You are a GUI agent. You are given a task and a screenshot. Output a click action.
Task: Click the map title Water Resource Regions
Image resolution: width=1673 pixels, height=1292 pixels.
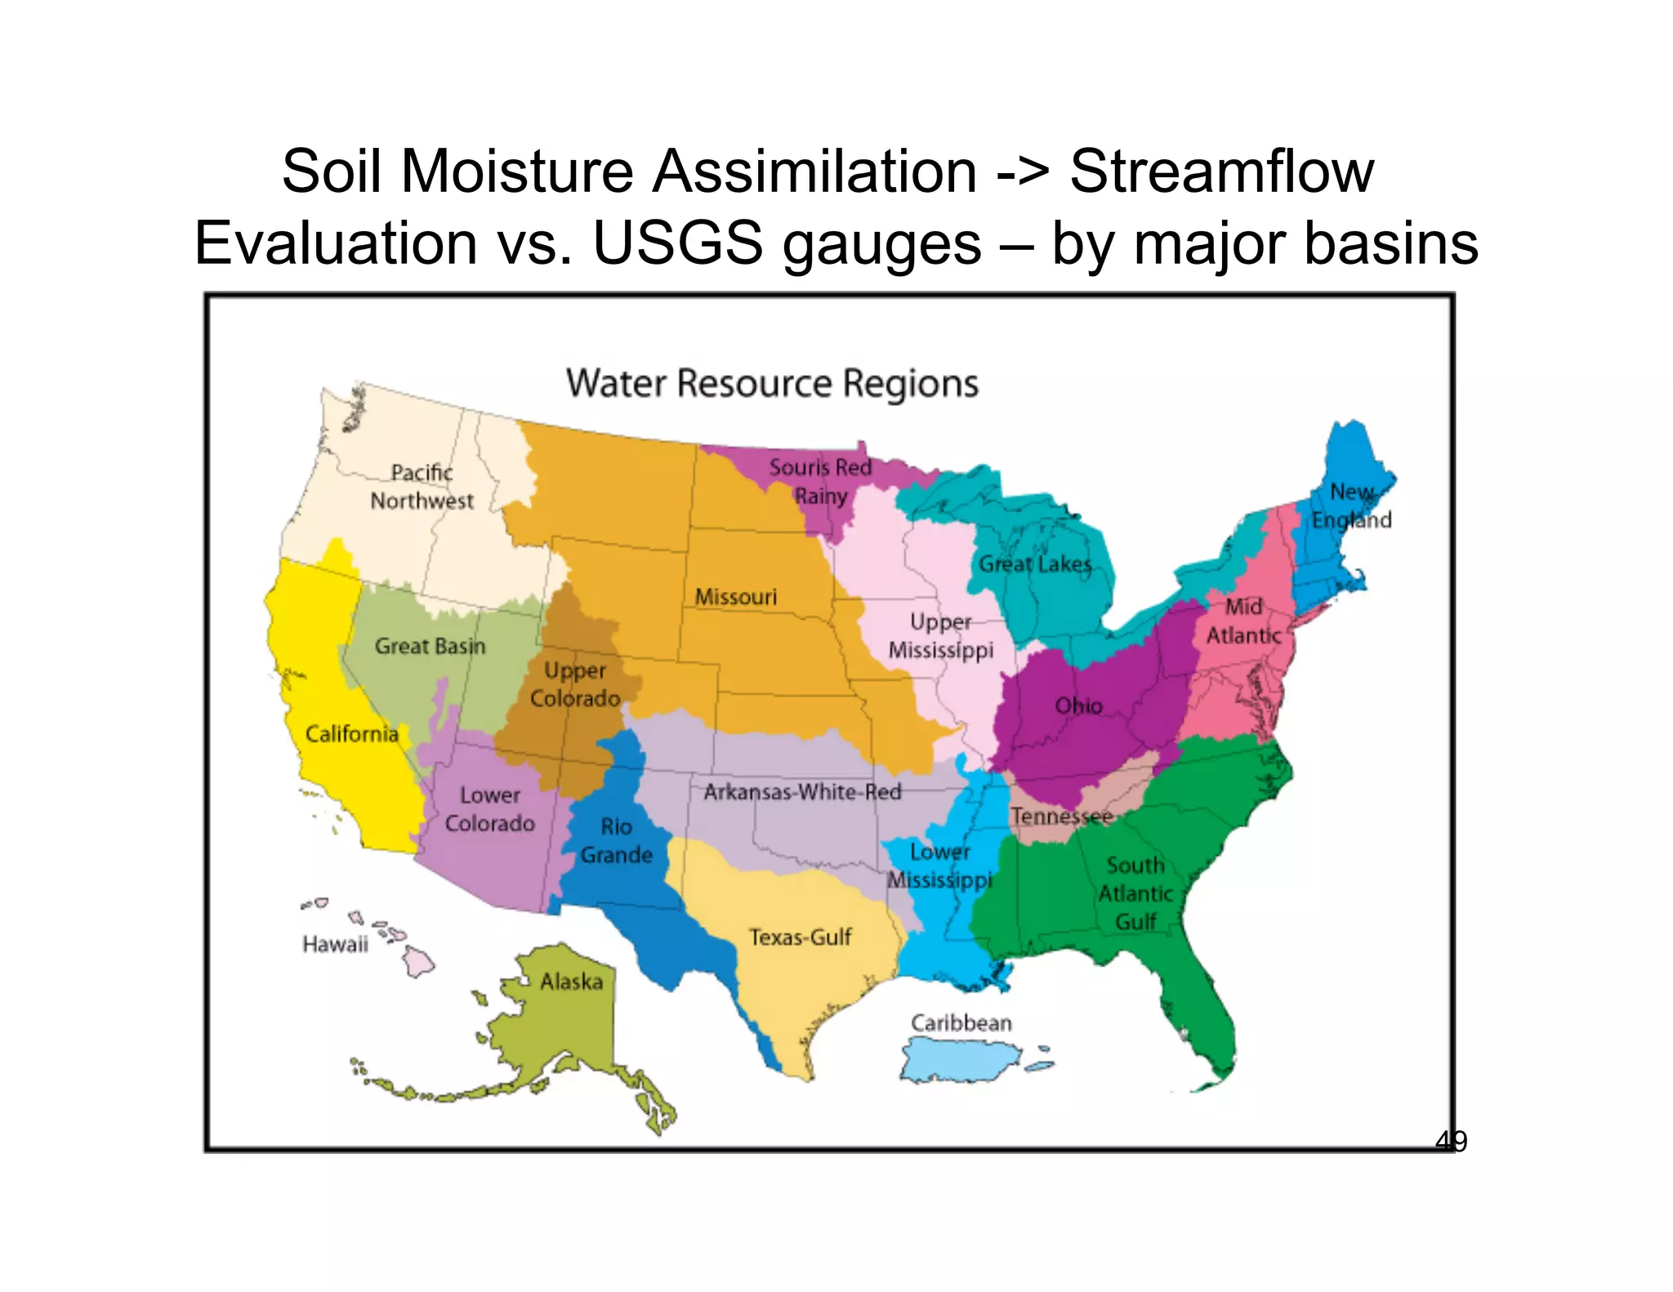772,383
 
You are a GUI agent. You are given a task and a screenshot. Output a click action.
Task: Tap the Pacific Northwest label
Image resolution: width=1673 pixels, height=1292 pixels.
422,487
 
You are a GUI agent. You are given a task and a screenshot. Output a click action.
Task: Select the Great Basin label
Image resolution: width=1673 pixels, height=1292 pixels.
430,646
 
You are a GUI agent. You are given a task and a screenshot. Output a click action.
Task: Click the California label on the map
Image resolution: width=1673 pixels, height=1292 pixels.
351,733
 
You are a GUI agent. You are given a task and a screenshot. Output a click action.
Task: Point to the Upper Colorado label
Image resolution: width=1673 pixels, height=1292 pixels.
575,684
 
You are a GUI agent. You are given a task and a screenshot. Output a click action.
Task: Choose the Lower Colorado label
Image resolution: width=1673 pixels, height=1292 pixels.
489,809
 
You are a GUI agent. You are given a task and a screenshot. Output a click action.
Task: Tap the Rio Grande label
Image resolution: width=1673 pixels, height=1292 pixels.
617,840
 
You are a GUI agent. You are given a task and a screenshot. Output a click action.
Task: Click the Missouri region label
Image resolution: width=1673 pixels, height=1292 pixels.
735,597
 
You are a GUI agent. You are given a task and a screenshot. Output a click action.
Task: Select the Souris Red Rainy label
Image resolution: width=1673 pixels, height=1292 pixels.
820,481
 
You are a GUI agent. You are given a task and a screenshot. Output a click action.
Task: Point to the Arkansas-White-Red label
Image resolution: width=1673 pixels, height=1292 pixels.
802,791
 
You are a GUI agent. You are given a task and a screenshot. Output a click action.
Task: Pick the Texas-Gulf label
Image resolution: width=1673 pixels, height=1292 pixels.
800,937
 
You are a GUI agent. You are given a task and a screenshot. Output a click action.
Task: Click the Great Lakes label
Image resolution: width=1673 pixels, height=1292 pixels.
1035,564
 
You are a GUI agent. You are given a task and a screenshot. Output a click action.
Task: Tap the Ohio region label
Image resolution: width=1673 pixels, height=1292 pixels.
1078,706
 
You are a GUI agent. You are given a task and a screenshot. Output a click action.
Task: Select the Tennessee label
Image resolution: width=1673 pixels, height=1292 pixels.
1061,816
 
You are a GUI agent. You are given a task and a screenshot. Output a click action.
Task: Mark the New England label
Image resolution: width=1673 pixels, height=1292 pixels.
1351,506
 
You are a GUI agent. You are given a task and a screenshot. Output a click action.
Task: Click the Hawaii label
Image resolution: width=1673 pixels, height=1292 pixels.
335,944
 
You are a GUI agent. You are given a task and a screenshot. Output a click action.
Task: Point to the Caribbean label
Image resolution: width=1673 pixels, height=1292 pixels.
961,1022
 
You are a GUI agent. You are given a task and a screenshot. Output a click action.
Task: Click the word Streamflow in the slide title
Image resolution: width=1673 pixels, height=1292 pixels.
1221,172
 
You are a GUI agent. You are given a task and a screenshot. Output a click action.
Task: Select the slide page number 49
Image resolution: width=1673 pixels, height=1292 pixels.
1451,1141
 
